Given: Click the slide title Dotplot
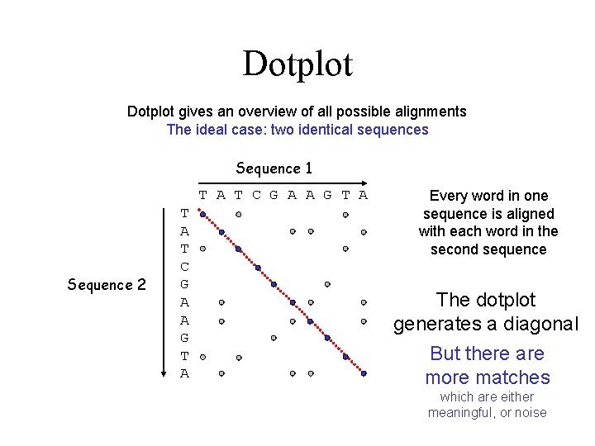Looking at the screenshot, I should tap(297, 64).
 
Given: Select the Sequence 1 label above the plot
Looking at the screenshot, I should tap(274, 168).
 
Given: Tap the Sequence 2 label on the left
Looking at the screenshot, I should tap(107, 285).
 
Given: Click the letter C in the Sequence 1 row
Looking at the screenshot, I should tap(256, 195).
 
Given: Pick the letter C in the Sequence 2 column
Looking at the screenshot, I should tap(184, 267).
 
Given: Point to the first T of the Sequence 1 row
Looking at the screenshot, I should tap(202, 195).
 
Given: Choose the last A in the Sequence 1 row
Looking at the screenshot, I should tap(363, 195).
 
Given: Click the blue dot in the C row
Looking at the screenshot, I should tap(257, 268).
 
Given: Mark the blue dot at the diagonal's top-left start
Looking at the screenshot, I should tap(203, 214).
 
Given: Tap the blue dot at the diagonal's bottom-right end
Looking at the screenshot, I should tap(364, 373).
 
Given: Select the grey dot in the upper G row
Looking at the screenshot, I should tap(327, 284).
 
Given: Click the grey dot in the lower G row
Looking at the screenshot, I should tap(274, 338).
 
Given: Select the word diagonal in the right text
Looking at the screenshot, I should tap(536, 325).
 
